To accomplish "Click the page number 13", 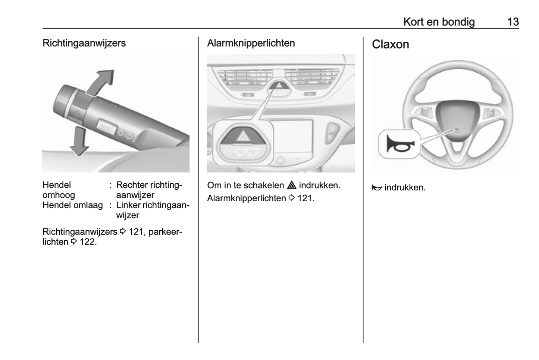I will (x=513, y=22).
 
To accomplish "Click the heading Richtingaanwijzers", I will (x=84, y=43).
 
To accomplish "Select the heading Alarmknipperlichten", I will (x=251, y=43).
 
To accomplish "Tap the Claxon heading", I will (x=390, y=44).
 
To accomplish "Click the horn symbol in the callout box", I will (x=398, y=144).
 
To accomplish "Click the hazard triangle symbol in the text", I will (x=291, y=185).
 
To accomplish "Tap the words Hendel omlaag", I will (x=72, y=205).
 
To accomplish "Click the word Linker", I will (x=128, y=205).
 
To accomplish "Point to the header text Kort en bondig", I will (x=439, y=22).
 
